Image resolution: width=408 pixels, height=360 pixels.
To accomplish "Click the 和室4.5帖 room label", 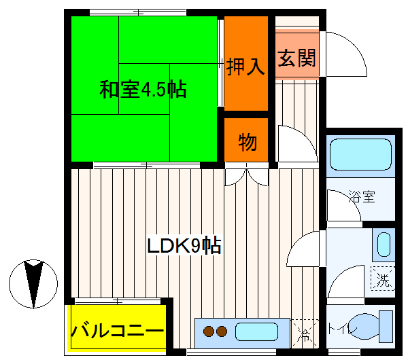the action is pyautogui.click(x=143, y=90).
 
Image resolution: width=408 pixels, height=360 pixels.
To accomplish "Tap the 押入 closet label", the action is pyautogui.click(x=245, y=68).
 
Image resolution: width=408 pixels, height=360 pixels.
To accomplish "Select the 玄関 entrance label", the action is pyautogui.click(x=296, y=58).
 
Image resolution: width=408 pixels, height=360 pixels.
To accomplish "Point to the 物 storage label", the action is pyautogui.click(x=247, y=143).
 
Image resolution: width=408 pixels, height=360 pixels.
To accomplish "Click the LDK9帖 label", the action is pyautogui.click(x=184, y=246).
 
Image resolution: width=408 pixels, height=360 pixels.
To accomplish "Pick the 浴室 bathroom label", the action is pyautogui.click(x=362, y=198).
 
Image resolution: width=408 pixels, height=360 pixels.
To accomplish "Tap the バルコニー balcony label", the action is pyautogui.click(x=118, y=332).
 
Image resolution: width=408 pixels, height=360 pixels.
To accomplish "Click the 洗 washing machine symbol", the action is pyautogui.click(x=383, y=279).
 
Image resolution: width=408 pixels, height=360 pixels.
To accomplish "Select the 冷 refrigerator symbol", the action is pyautogui.click(x=304, y=334).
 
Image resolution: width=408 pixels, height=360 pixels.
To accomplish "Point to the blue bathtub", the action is pyautogui.click(x=360, y=155).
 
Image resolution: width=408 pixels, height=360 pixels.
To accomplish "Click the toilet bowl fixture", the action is pyautogui.click(x=373, y=326).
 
